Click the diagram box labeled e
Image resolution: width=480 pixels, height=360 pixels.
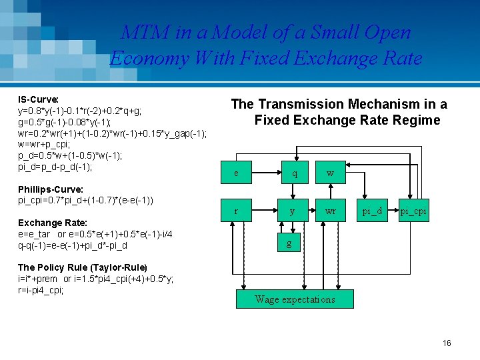click(236, 173)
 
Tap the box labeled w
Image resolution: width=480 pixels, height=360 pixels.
click(331, 173)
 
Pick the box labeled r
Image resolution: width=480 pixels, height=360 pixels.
click(236, 211)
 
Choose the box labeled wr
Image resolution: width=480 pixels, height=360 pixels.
click(331, 211)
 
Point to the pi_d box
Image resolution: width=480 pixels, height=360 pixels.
click(372, 211)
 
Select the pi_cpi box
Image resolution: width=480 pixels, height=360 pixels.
click(413, 211)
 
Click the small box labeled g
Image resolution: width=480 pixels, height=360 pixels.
click(289, 243)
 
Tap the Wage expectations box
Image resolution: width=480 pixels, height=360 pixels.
click(295, 299)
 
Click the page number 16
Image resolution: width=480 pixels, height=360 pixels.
click(447, 343)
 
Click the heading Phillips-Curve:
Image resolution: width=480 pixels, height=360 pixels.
click(50, 189)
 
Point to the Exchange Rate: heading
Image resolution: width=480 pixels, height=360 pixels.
click(53, 223)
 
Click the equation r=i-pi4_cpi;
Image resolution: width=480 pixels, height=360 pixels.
click(41, 290)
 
